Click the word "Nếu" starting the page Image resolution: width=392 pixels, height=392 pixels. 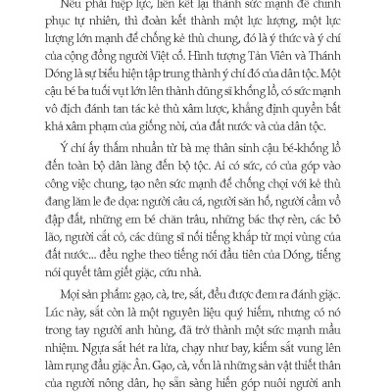pyautogui.click(x=65, y=5)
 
